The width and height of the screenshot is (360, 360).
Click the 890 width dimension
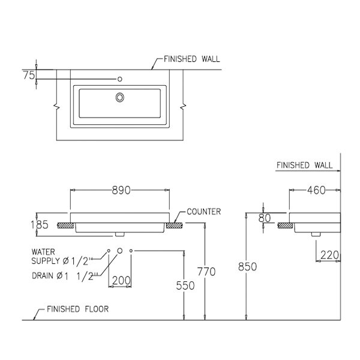[121, 190]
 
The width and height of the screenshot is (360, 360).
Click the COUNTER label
[204, 212]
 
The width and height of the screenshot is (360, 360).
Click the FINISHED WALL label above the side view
[304, 165]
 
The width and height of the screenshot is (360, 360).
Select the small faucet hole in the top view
[120, 78]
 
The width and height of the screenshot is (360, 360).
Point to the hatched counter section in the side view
[286, 226]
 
